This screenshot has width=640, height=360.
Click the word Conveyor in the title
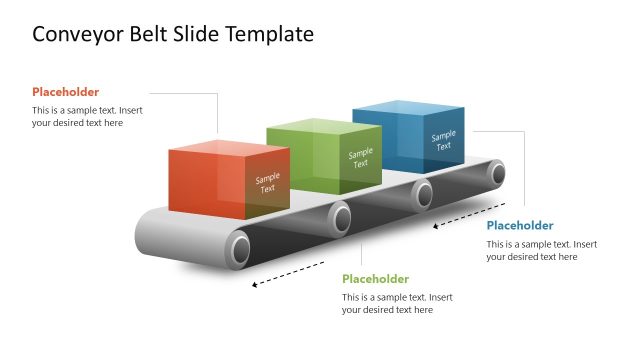click(76, 35)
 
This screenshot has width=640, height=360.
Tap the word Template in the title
click(268, 35)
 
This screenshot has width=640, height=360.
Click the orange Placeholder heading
click(66, 92)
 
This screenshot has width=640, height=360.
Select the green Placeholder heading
click(376, 279)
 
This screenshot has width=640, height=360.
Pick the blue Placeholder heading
click(520, 226)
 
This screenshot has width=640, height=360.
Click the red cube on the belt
click(215, 180)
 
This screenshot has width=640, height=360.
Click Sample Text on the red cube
click(267, 183)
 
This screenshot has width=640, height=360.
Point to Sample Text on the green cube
click(360, 158)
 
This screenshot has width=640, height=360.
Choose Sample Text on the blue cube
click(443, 140)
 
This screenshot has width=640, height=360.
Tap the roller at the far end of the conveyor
click(497, 174)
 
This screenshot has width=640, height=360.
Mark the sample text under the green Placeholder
click(397, 303)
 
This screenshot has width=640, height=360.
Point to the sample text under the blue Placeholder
click(542, 250)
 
